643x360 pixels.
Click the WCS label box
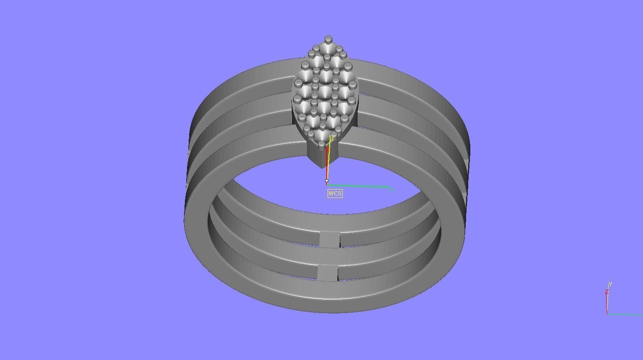coord(335,193)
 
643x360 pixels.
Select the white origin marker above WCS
coord(327,181)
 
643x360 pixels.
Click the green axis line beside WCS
coord(359,186)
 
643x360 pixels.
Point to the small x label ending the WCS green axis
coord(392,190)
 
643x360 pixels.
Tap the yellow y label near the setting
coord(333,138)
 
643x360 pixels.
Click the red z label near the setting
coord(328,149)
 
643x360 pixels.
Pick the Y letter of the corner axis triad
coord(610,284)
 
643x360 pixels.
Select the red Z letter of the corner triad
coord(607,292)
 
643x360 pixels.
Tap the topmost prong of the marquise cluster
coord(328,40)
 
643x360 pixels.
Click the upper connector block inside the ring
coord(330,239)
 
